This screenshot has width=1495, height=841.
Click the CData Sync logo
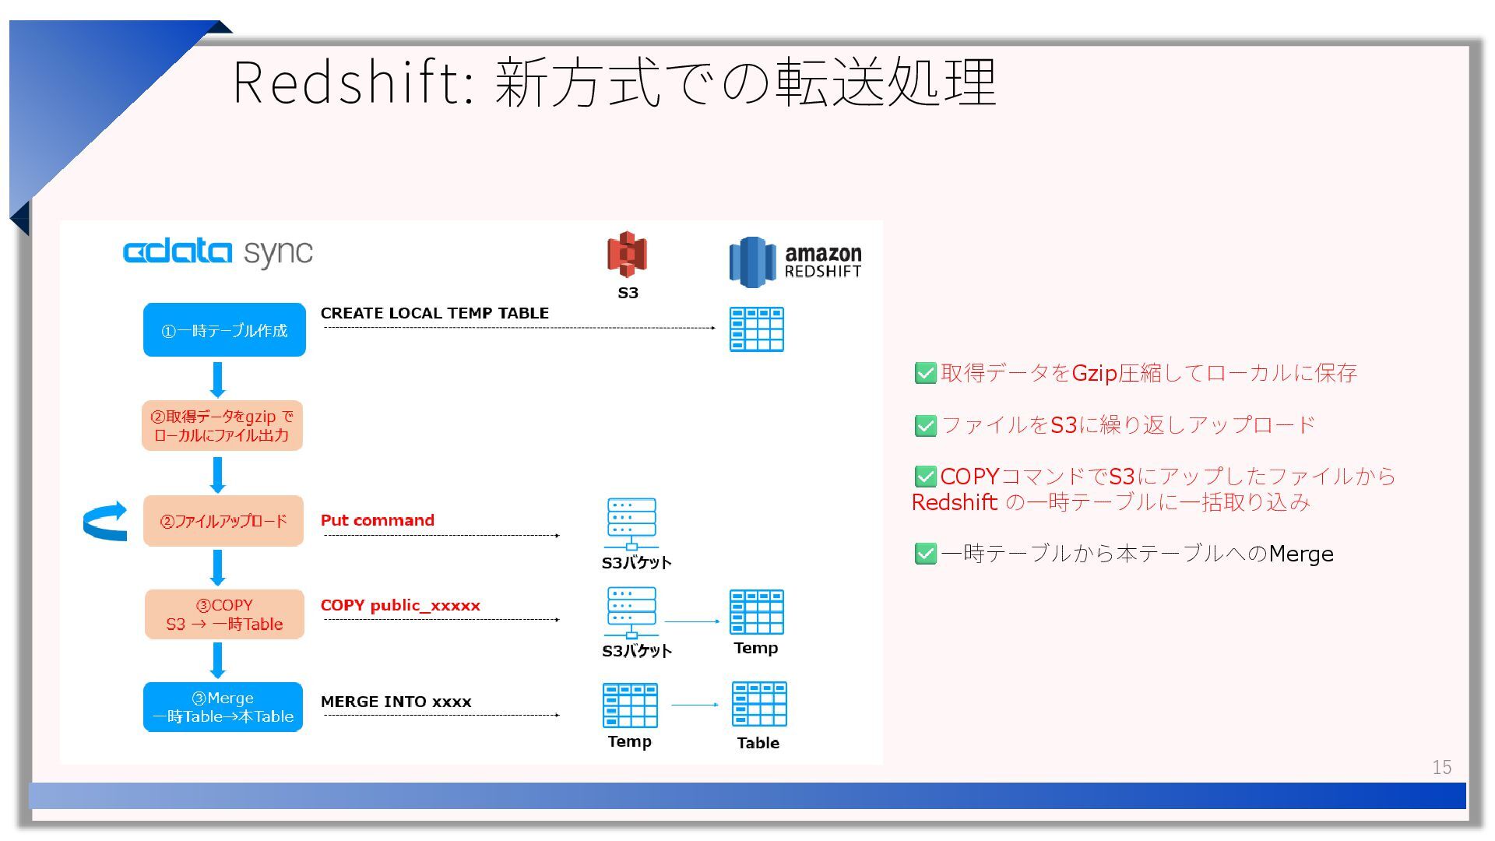[x=217, y=252]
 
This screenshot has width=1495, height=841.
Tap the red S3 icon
[x=627, y=254]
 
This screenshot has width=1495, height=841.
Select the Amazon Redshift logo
[x=795, y=262]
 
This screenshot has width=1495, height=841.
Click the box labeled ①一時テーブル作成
[x=224, y=330]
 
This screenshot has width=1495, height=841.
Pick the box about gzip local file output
[x=222, y=426]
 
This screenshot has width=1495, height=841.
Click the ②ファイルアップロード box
[x=223, y=521]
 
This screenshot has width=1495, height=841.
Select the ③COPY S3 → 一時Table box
[x=224, y=614]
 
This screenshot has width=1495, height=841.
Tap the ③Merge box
[x=223, y=707]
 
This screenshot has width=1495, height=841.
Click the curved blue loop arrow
[x=105, y=521]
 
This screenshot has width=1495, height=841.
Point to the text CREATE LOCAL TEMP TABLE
[x=434, y=313]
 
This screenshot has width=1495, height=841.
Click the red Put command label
[x=378, y=520]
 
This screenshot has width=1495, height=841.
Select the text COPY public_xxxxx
[x=400, y=605]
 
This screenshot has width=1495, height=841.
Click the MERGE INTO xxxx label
[x=396, y=702]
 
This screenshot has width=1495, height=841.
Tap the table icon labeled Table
[x=758, y=704]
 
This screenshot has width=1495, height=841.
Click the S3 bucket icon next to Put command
[x=631, y=523]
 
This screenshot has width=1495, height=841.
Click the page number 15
[x=1441, y=768]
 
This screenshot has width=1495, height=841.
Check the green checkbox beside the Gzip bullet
[x=925, y=374]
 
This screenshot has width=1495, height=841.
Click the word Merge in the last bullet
[x=1300, y=554]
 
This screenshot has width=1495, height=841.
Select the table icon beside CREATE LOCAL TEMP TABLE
[x=756, y=329]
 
